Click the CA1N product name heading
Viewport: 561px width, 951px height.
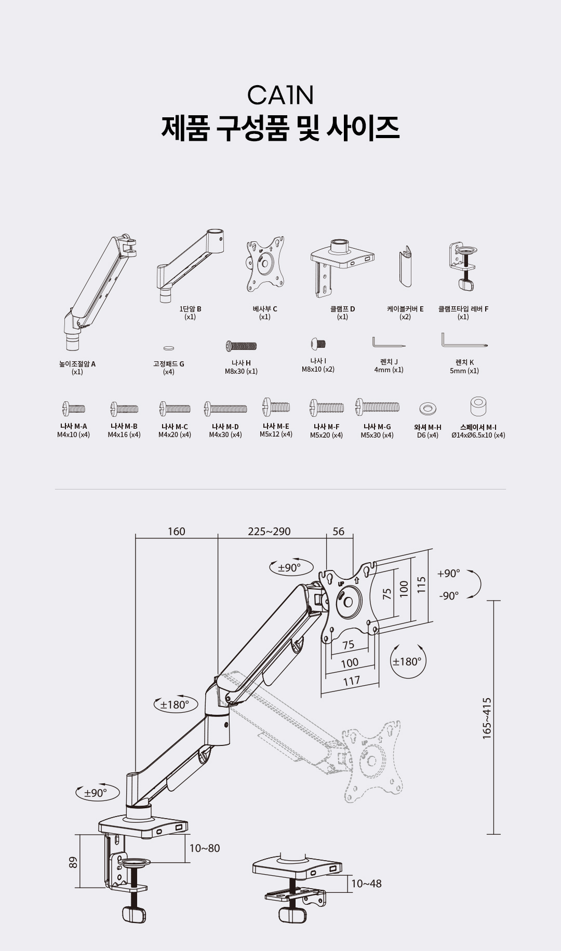coord(280,95)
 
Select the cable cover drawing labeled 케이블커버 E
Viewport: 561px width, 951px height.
coord(405,266)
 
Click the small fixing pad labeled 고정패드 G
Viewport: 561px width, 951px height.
coord(169,348)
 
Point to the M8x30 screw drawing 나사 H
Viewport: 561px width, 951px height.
coord(241,346)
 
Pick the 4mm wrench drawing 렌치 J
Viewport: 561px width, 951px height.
coord(389,343)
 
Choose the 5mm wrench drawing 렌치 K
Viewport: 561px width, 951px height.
coord(464,342)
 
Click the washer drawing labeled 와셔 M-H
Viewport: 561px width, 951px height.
coord(428,409)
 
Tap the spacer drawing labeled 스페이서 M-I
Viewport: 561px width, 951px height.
coord(478,406)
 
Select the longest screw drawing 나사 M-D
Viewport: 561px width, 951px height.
coord(225,409)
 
